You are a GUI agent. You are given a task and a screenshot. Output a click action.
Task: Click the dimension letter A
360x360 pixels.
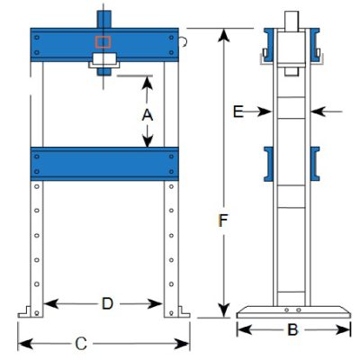(x=148, y=115)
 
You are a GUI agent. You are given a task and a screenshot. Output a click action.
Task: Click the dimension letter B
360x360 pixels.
(x=292, y=329)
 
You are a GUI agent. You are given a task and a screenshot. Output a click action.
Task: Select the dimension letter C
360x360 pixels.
(x=81, y=344)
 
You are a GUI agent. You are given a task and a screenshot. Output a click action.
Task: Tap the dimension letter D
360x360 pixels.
(x=107, y=304)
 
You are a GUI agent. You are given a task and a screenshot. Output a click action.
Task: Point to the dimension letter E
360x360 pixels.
(x=238, y=112)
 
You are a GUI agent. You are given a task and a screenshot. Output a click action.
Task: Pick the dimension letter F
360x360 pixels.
(x=223, y=220)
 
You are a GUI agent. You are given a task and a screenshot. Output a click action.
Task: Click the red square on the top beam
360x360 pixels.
(x=103, y=42)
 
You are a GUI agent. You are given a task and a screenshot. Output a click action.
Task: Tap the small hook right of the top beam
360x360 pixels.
(x=184, y=42)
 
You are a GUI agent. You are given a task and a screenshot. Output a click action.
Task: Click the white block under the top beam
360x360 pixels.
(x=104, y=58)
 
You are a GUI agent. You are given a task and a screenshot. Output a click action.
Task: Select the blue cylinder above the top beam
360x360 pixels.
(x=103, y=19)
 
